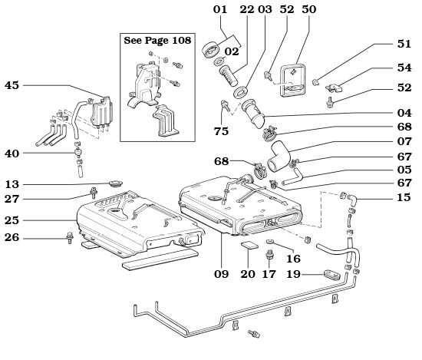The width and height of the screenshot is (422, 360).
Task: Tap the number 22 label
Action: coord(246,8)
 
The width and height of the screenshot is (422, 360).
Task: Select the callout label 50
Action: coord(309,8)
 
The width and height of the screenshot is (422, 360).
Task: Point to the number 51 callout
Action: coord(404,44)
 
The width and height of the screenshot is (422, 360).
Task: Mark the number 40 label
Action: coord(12,154)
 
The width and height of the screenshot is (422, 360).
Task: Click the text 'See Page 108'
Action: coord(157,40)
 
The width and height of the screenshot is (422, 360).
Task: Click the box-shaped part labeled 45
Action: coord(98,115)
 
